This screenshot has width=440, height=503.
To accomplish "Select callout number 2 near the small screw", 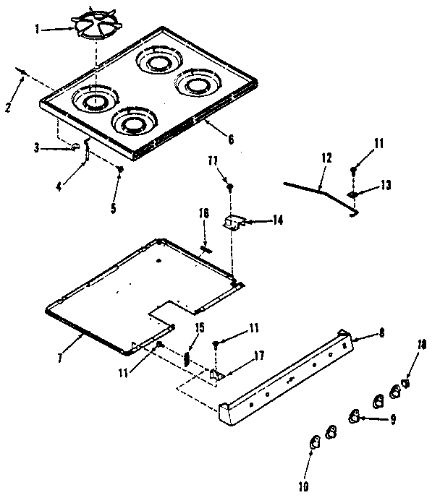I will pyautogui.click(x=8, y=108).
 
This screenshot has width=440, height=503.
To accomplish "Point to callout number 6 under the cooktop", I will pyautogui.click(x=230, y=140).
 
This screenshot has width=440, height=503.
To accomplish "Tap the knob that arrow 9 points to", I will pyautogui.click(x=355, y=415).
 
